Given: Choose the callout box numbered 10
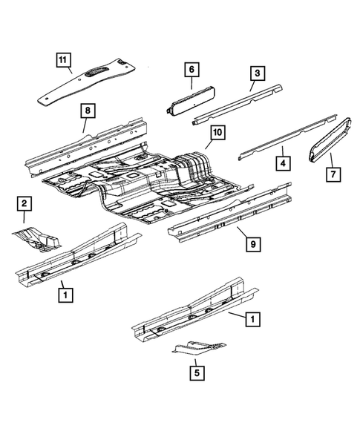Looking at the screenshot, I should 216,133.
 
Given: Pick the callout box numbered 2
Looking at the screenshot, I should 24,203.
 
